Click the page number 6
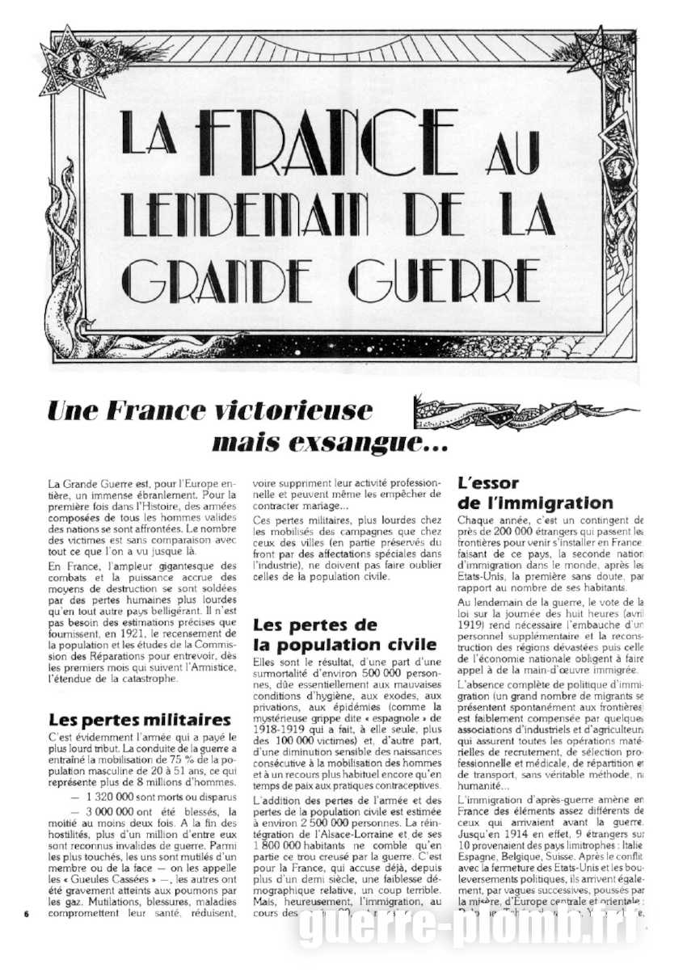[x=27, y=914]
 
